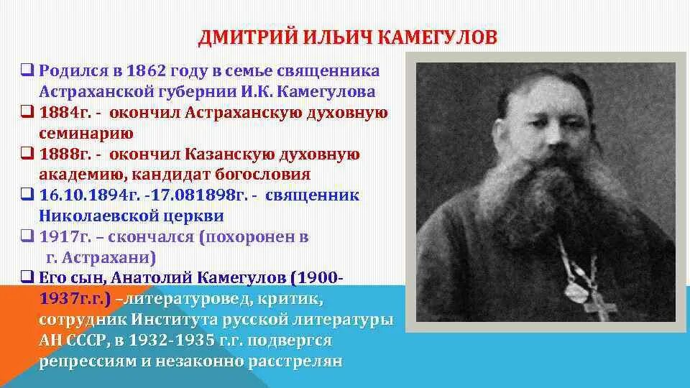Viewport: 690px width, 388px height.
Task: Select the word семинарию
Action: [x=86, y=133]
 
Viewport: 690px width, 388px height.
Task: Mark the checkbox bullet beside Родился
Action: [x=27, y=71]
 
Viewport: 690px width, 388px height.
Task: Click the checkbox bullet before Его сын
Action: [x=27, y=277]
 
